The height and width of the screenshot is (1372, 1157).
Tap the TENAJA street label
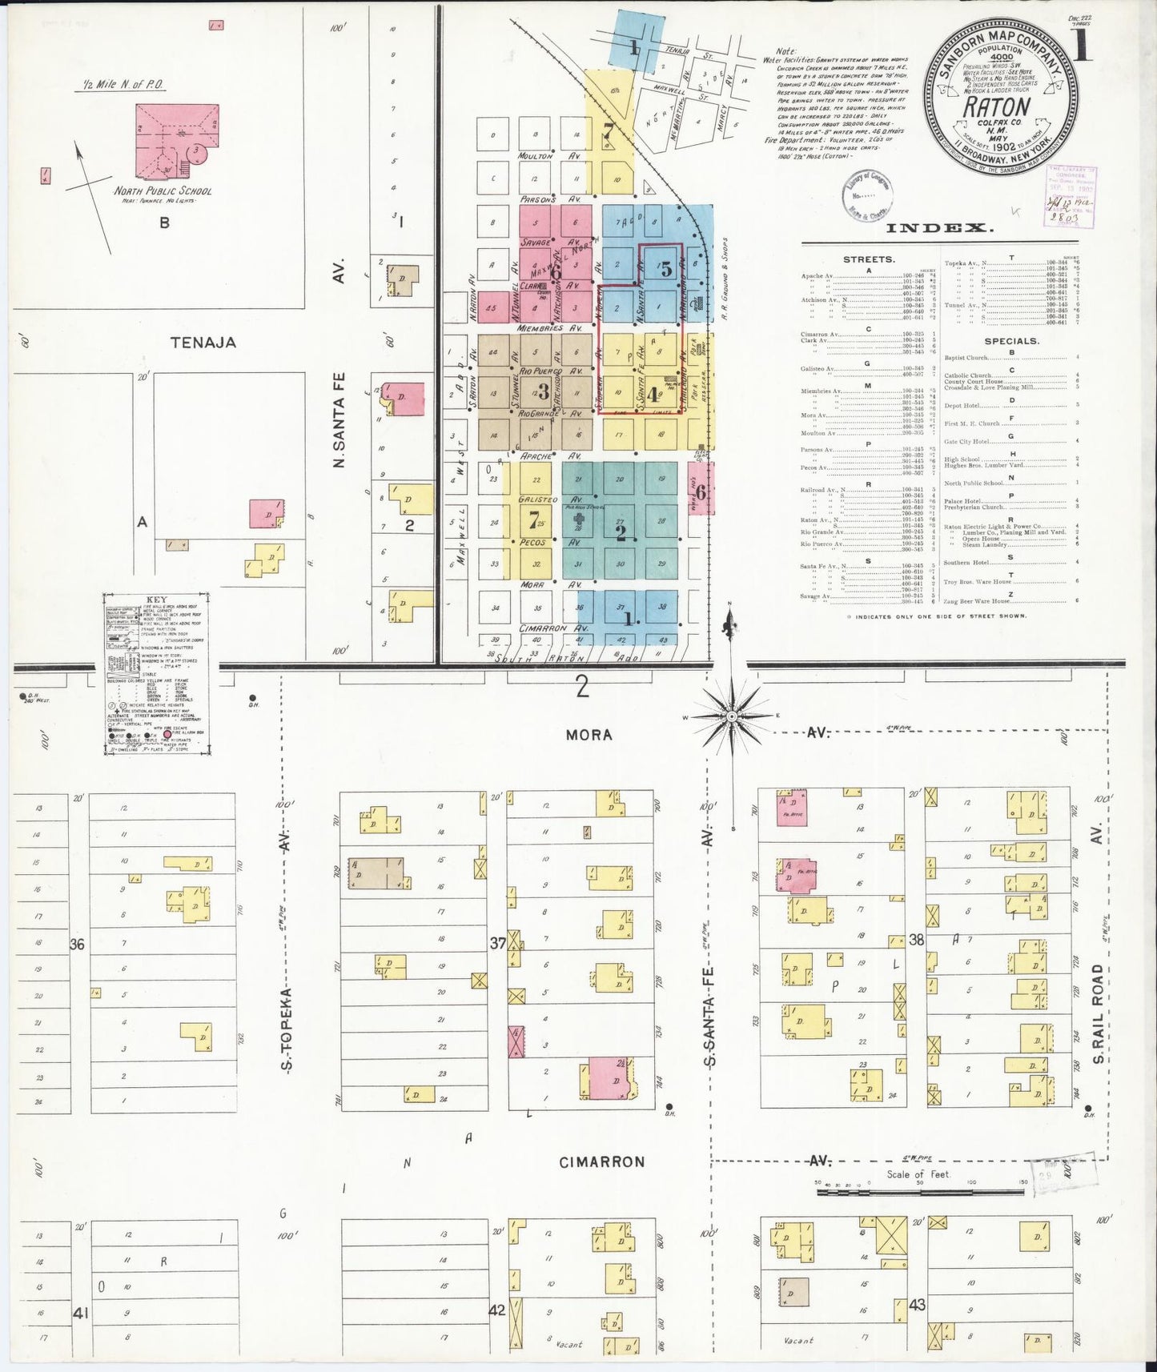point(203,343)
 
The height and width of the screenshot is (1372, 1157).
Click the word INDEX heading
point(941,228)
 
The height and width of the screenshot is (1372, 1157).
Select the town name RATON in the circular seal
point(997,106)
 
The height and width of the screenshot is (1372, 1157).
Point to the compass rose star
point(731,714)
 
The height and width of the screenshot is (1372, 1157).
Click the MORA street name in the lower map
point(589,734)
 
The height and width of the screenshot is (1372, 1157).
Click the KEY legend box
point(156,674)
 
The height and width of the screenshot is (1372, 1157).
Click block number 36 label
point(77,945)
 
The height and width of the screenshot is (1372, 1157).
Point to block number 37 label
point(498,944)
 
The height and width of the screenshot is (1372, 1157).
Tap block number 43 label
point(917,1305)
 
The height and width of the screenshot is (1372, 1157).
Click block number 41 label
point(80,1313)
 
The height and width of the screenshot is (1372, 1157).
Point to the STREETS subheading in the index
point(869,259)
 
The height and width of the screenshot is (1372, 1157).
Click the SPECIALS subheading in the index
point(1013,340)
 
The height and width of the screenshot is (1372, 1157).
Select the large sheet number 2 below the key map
point(582,687)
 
